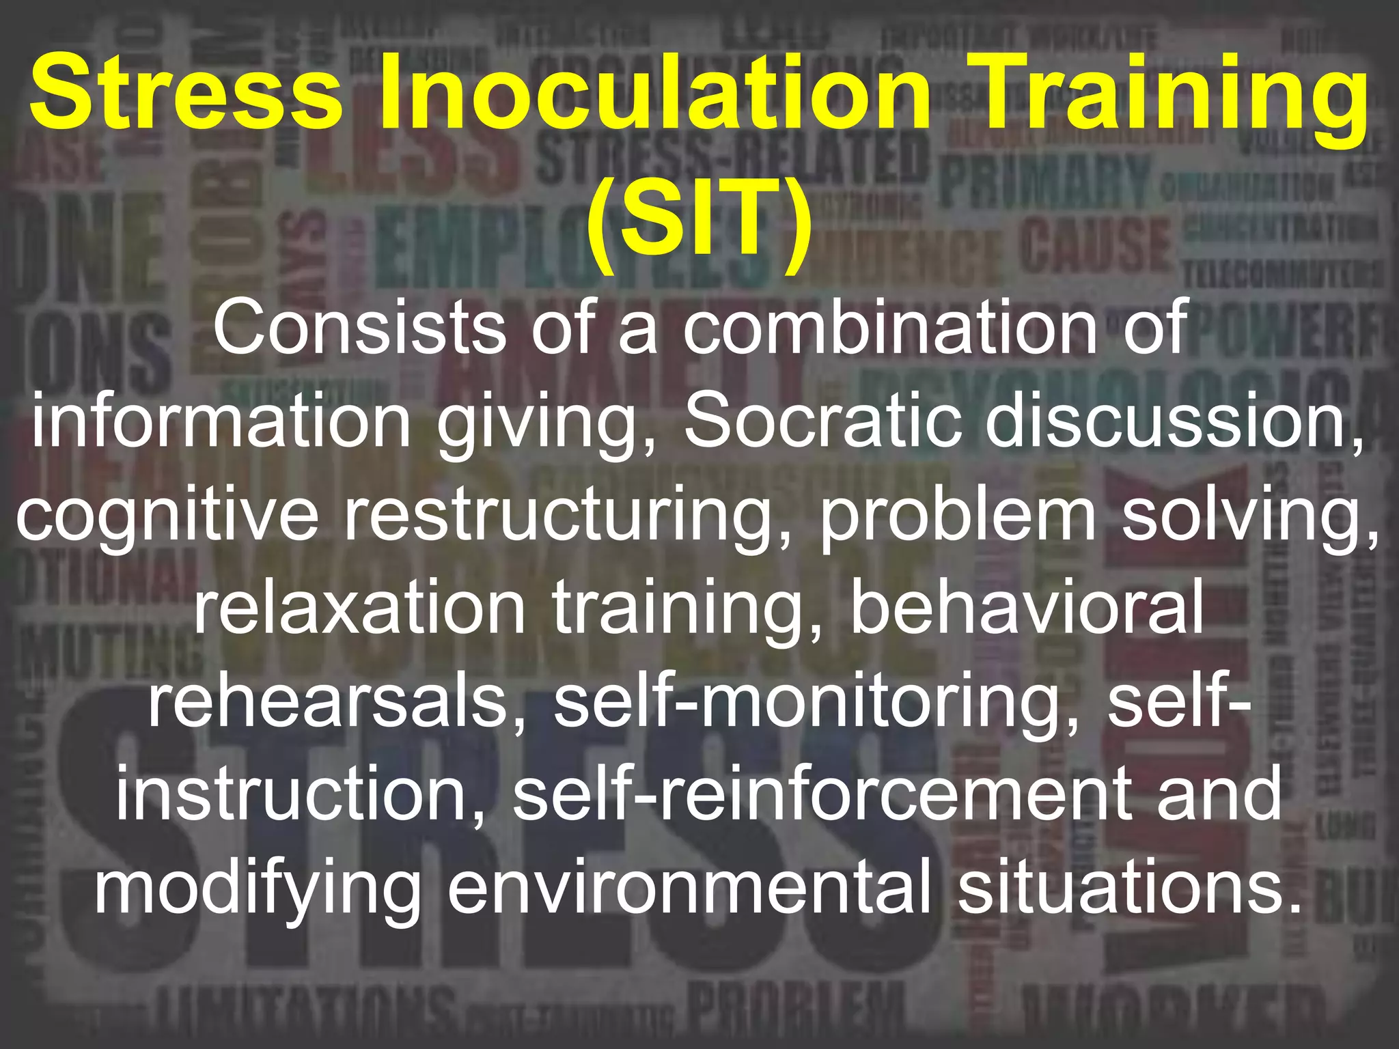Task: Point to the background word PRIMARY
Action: point(1045,181)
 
